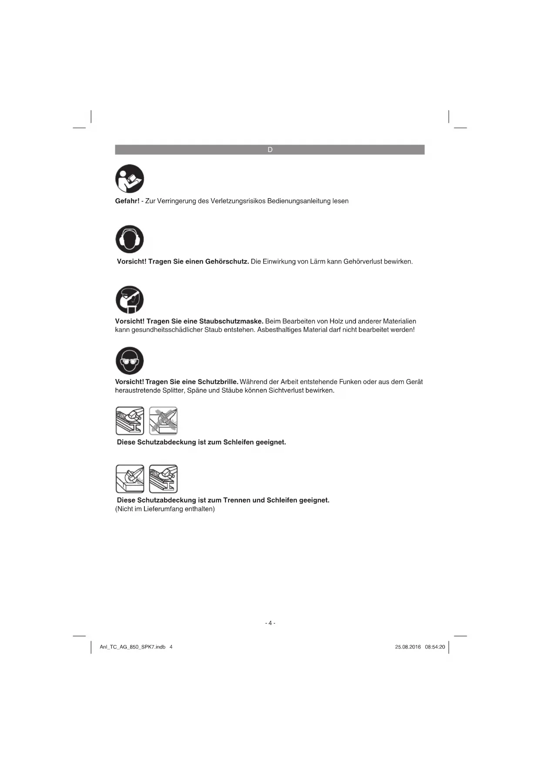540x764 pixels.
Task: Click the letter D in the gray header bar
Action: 270,150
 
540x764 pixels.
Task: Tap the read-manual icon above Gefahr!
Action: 130,179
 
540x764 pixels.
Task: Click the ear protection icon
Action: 130,239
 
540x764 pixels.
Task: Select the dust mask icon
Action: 130,300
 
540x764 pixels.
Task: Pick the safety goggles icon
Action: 130,361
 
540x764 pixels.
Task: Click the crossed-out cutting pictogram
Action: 163,421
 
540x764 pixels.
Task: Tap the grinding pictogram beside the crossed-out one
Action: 130,421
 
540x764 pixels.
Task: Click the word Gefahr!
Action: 127,201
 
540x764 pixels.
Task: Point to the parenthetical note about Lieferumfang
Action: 165,509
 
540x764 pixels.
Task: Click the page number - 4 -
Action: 270,623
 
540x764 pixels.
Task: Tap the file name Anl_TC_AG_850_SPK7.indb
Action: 133,647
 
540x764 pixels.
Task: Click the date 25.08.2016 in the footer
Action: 408,647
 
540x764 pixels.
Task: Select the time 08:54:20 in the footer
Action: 435,647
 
